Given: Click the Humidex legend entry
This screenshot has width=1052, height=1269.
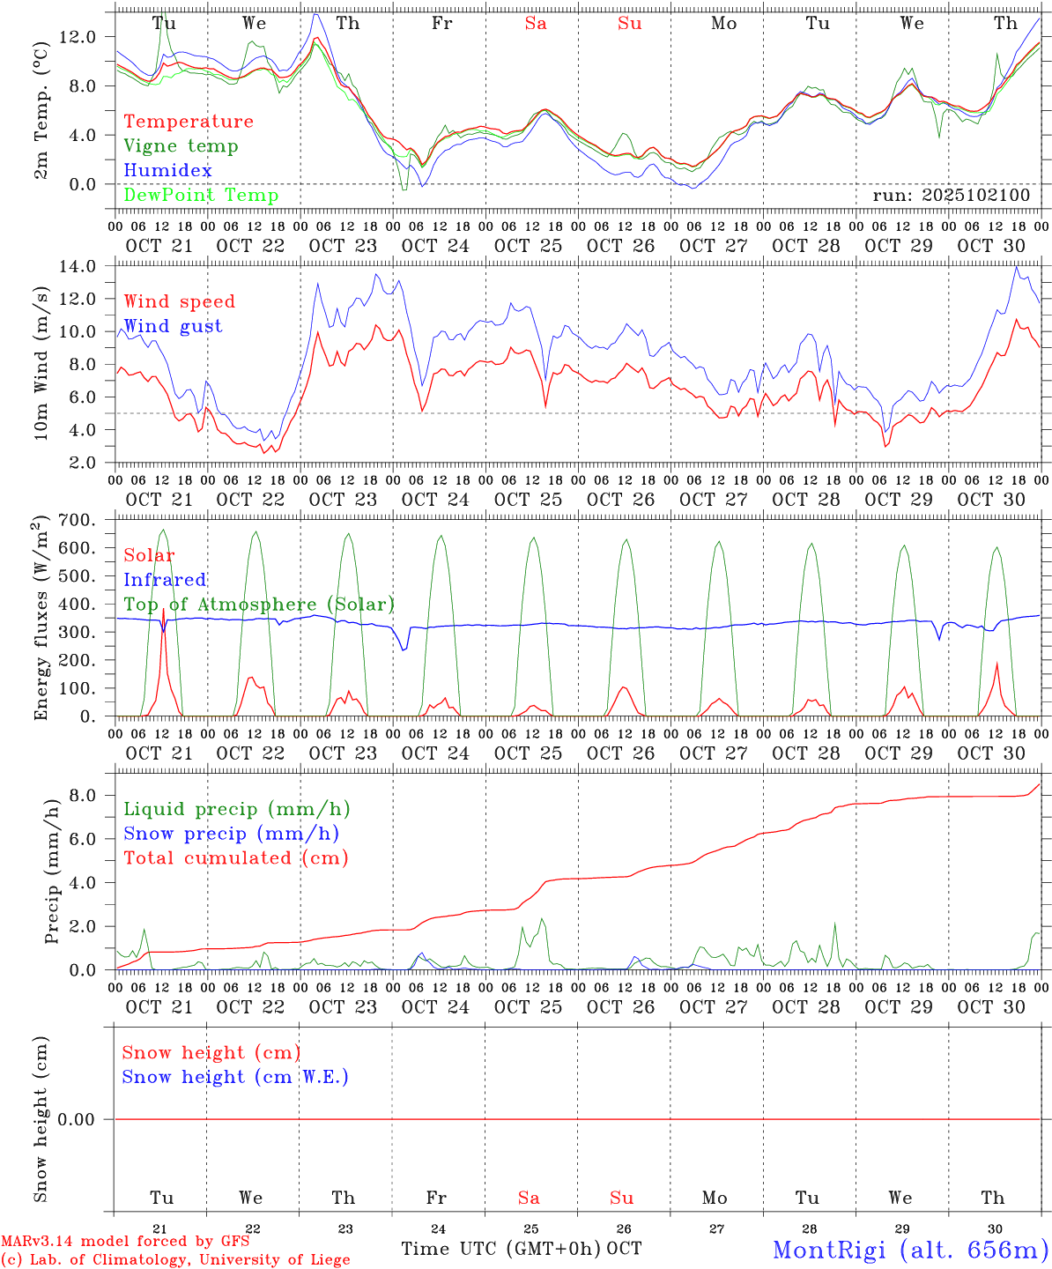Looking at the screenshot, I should tap(167, 170).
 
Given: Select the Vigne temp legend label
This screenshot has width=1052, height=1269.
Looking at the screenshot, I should tap(181, 145).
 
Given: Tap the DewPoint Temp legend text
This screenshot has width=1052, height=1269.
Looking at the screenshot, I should tap(201, 195).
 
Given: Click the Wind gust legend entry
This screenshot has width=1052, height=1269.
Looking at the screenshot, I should tap(173, 326).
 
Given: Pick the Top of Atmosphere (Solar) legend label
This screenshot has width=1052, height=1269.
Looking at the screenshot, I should tap(259, 605).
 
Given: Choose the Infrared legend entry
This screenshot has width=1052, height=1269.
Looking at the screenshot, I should tap(165, 580).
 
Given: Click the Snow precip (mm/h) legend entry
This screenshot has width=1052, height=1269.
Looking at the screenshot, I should tap(231, 834).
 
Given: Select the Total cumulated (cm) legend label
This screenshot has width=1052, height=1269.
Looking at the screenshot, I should tap(235, 857).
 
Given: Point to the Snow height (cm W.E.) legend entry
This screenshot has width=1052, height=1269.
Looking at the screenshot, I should tap(235, 1077).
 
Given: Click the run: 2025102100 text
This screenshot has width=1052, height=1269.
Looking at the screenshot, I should tap(951, 195).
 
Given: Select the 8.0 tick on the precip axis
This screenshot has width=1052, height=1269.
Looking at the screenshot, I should tap(85, 795).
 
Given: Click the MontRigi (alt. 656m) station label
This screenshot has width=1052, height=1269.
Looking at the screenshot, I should tap(910, 1249).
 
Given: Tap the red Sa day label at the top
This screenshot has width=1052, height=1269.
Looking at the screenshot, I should tap(536, 23).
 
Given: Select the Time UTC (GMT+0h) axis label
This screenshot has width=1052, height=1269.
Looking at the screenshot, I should tap(501, 1249).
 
